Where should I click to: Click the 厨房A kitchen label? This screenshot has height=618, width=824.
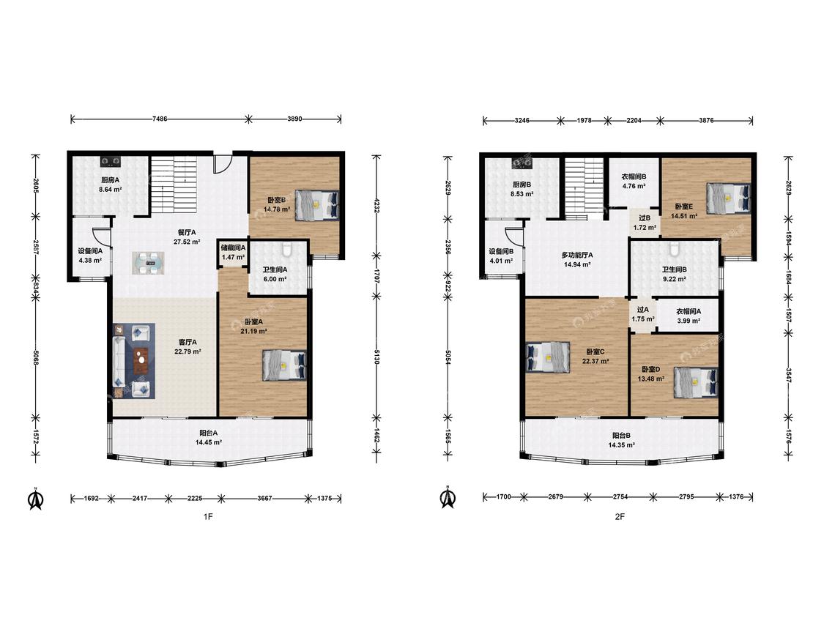(111, 180)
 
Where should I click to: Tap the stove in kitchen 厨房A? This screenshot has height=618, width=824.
(111, 160)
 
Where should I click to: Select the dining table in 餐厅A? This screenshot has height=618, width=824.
(148, 263)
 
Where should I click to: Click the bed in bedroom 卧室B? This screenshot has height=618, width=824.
(316, 205)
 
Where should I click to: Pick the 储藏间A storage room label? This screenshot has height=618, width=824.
(234, 247)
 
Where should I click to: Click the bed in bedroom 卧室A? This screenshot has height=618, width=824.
(284, 365)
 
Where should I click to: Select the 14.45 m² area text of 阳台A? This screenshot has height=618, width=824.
(209, 442)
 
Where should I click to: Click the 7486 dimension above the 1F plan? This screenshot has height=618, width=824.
(160, 119)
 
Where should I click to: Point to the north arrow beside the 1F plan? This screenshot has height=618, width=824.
(36, 499)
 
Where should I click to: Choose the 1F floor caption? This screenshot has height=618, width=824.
(208, 516)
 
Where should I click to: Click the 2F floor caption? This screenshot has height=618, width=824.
(620, 516)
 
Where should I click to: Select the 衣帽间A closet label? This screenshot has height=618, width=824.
(688, 311)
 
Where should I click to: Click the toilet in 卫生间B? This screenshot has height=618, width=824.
(674, 247)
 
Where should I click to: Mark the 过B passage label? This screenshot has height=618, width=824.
(645, 218)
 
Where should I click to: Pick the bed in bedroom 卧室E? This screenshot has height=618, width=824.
(728, 198)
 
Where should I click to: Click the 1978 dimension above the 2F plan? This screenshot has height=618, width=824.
(584, 120)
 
